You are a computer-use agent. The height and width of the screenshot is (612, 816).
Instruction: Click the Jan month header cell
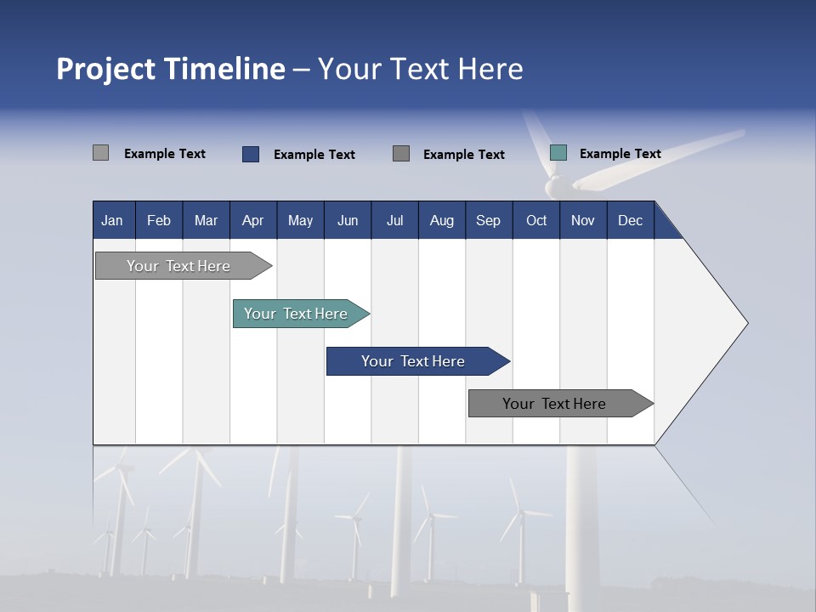[113, 220]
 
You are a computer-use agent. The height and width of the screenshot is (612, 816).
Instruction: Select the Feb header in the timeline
[159, 220]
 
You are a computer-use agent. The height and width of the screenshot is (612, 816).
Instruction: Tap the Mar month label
[206, 220]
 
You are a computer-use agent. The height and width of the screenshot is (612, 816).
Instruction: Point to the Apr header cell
[253, 220]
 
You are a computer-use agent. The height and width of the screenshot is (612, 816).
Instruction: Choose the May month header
[300, 220]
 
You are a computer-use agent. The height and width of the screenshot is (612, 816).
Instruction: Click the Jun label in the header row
[348, 220]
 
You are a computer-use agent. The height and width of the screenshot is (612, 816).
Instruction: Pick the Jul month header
[394, 220]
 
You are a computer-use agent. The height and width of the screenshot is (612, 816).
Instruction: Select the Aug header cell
[442, 220]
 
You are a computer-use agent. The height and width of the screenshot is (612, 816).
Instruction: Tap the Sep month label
[489, 220]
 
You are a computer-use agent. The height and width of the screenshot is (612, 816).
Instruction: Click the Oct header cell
[536, 220]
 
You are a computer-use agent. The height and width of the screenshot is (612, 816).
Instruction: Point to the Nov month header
[583, 220]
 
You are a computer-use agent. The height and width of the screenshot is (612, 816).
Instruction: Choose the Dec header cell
[631, 220]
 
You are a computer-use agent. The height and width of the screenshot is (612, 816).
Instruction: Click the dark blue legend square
[251, 154]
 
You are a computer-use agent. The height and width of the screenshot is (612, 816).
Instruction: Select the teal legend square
[558, 153]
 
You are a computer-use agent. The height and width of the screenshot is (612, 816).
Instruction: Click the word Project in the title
[105, 69]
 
